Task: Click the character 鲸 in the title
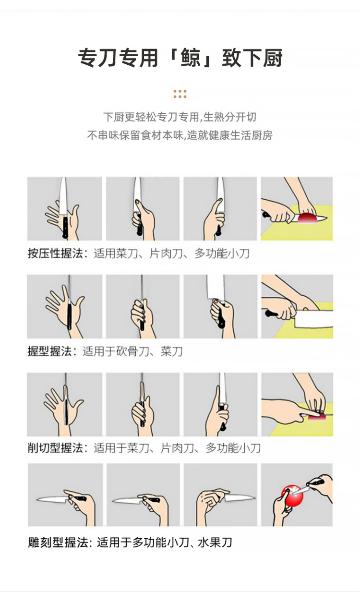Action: tap(191, 58)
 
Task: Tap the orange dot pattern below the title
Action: tap(180, 94)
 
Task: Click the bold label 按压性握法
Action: tap(55, 254)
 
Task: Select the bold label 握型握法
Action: tap(49, 351)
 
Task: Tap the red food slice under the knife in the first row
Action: tap(308, 218)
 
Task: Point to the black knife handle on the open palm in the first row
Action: tap(65, 226)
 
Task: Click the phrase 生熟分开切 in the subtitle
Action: tap(230, 117)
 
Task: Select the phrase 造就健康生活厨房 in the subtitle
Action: tap(230, 135)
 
